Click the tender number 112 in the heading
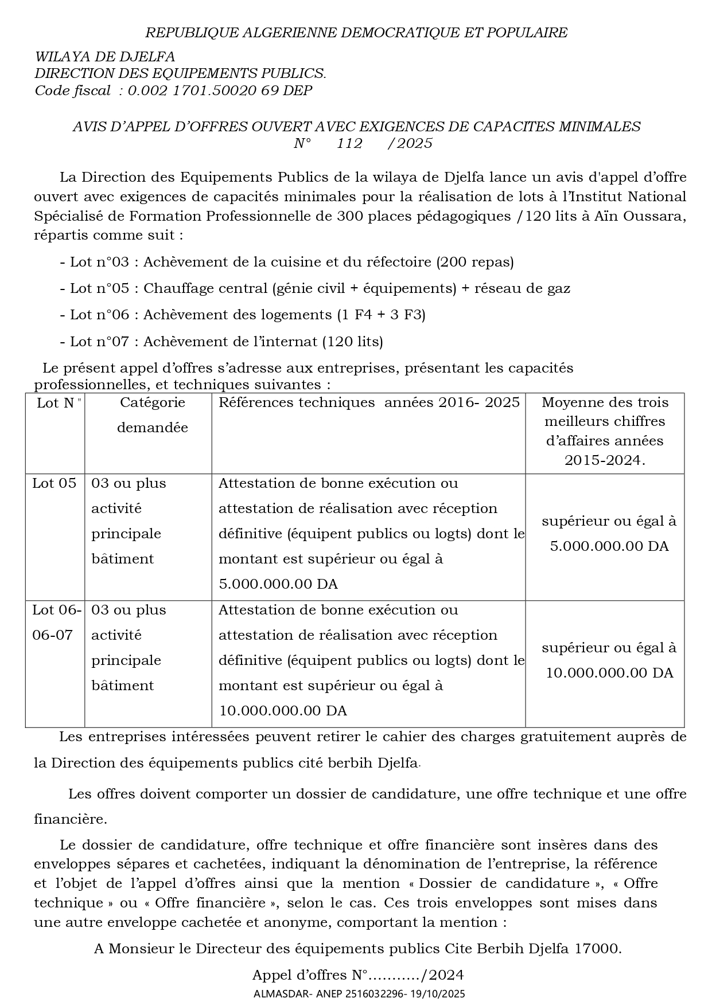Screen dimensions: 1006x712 (x=349, y=143)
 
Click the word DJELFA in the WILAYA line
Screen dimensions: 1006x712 (x=147, y=57)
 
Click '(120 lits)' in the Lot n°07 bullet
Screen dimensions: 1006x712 (x=352, y=342)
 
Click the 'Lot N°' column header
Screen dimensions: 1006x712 (x=55, y=403)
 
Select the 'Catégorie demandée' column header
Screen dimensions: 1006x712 (x=152, y=415)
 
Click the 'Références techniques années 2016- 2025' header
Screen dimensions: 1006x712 (x=368, y=402)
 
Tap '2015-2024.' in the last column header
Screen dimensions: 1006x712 (x=605, y=460)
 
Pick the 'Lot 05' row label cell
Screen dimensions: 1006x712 (x=54, y=483)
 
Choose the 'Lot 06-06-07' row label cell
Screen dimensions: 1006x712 (x=56, y=623)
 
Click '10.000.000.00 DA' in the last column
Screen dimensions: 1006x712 (x=609, y=672)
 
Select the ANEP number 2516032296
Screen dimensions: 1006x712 (x=374, y=993)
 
